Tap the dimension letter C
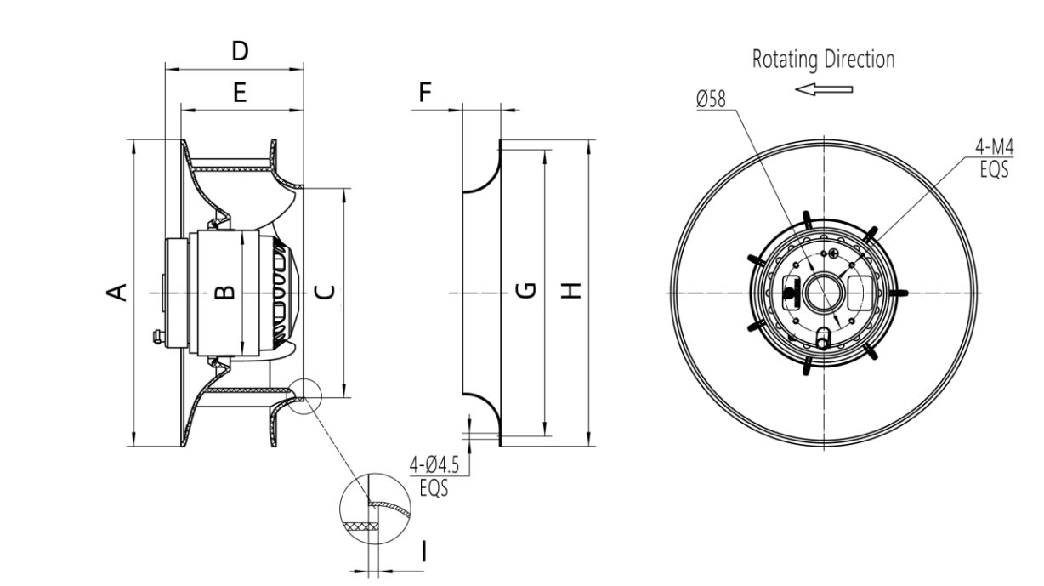tap(324, 293)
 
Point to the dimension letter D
tap(241, 52)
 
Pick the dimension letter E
tap(241, 94)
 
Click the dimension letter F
tap(426, 94)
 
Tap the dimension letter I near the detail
tap(424, 552)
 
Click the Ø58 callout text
tap(711, 100)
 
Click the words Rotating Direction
tap(824, 60)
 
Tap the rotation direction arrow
tap(823, 89)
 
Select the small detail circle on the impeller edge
tap(304, 396)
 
